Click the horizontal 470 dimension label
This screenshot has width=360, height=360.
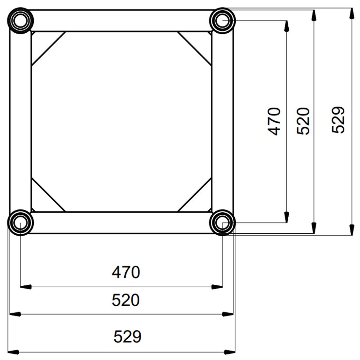click(x=126, y=272)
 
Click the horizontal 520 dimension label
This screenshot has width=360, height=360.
click(x=126, y=300)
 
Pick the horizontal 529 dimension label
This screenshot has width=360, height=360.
click(x=127, y=336)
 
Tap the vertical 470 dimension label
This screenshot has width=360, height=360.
click(x=274, y=121)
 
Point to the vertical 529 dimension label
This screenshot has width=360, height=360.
click(x=338, y=119)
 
